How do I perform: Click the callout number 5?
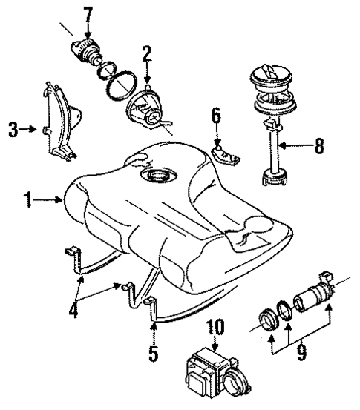click(x=153, y=354)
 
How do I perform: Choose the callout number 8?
click(x=319, y=147)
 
